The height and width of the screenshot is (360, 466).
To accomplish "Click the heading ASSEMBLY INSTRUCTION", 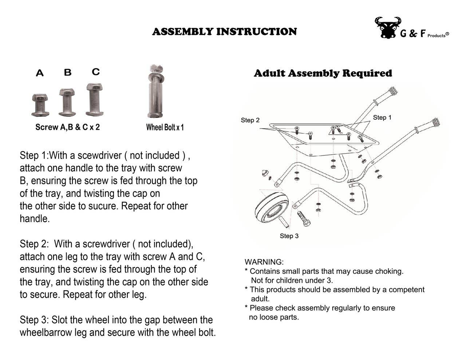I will pos(224,32).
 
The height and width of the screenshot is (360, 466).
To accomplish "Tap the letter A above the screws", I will pos(40,73).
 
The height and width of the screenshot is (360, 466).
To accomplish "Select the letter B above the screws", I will pos(68,72).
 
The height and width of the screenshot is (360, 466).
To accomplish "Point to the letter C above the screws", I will pos(96,71).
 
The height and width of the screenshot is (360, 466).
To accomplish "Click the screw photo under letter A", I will pos(40,105).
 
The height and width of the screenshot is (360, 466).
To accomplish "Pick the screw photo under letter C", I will pos(95,99).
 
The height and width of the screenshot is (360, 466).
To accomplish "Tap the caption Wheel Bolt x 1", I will pos(165,127).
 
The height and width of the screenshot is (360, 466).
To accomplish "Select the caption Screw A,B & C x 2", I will pos(67,127).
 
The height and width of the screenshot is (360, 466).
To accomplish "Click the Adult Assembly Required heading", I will pos(323,73).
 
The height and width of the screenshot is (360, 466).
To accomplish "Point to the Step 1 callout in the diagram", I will pos(382,117).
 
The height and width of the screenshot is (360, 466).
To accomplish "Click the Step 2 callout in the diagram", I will pos(250,120).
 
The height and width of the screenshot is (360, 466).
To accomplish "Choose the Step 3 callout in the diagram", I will pos(289,236).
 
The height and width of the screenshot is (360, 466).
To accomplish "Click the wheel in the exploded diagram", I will pos(272,209).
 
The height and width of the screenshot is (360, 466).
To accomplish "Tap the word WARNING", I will pos(264,262).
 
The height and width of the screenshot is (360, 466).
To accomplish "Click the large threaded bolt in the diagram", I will pos(304,218).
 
